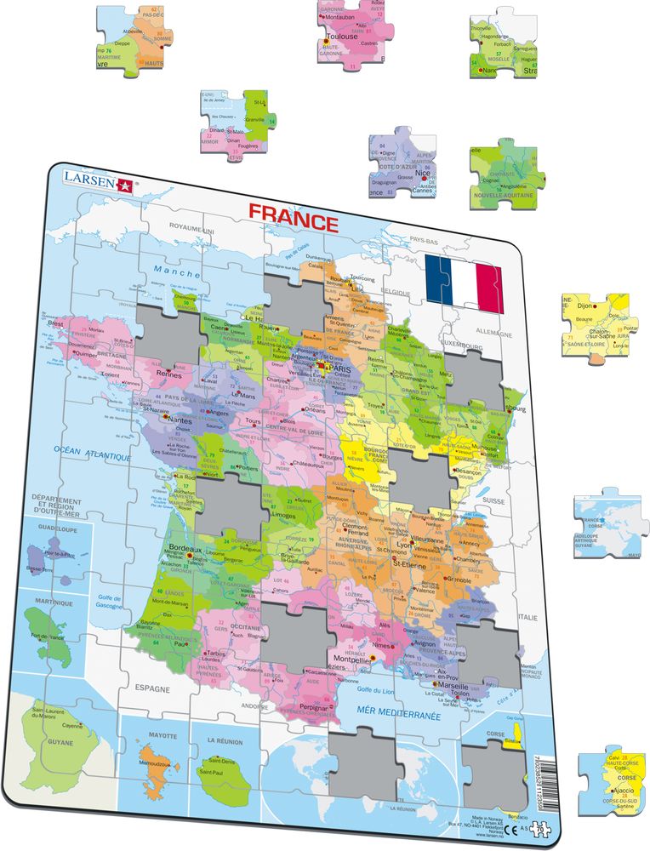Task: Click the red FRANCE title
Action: tap(293, 222)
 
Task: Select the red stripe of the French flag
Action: tap(490, 287)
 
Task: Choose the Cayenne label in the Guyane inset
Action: tap(71, 726)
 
